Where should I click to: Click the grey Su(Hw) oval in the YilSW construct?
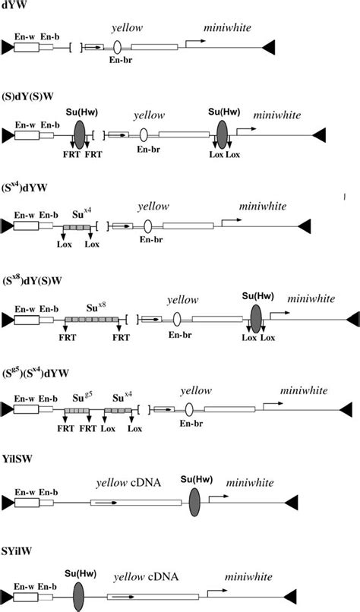pyautogui.click(x=194, y=502)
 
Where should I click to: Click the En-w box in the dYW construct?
pyautogui.click(x=27, y=47)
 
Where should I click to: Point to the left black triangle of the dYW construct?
pyautogui.click(x=6, y=47)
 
